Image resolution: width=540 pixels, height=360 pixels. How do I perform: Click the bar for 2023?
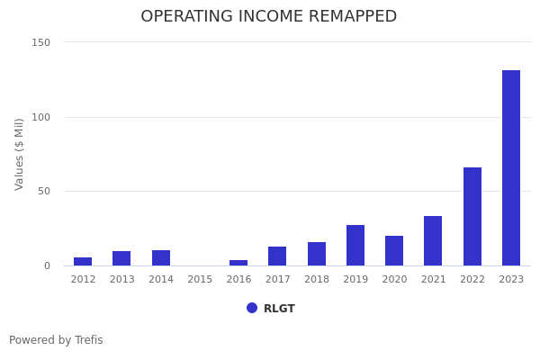point(511,167)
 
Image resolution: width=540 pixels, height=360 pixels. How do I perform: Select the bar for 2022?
point(472,216)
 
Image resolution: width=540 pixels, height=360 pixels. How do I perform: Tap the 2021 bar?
point(433,240)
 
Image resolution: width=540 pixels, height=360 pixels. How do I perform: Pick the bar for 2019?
point(355,245)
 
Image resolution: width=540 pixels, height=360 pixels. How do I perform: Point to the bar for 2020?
point(394,250)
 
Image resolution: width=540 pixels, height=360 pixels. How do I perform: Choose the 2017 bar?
point(277,256)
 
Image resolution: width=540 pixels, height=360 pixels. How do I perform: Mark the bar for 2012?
point(83,261)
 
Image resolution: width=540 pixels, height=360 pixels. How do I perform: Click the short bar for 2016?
point(238,263)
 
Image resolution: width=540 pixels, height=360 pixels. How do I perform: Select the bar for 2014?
point(161,257)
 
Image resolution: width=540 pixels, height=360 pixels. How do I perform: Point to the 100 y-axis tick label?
point(40,117)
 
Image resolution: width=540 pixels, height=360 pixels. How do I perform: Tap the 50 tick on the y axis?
point(43,191)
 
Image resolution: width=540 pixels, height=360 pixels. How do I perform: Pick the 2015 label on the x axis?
point(200,279)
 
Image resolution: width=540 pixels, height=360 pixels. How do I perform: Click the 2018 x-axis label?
point(317,279)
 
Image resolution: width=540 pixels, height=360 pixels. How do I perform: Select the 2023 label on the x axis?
point(511,279)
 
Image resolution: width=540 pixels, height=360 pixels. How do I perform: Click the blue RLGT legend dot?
point(252,308)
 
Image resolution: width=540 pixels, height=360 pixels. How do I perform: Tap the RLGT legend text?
point(279,309)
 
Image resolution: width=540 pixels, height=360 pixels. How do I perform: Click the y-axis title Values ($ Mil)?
point(20,153)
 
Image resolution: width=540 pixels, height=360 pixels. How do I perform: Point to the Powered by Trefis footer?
point(56,340)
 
